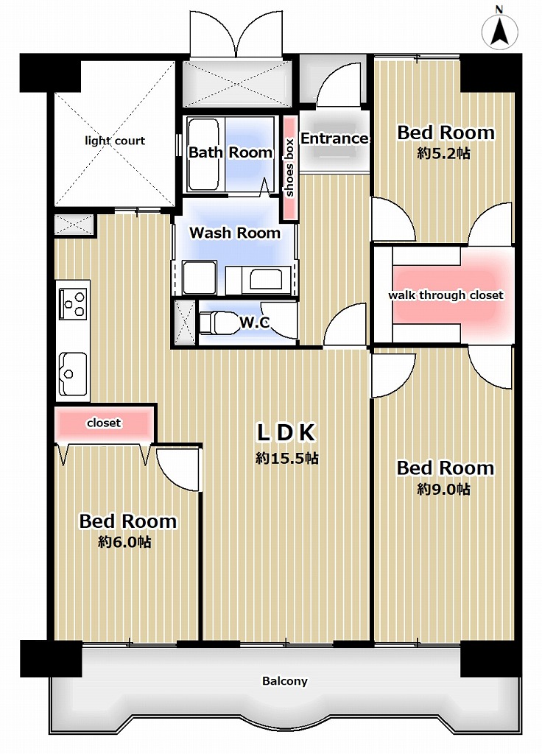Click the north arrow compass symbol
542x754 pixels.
[500, 29]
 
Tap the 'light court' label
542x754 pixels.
[115, 141]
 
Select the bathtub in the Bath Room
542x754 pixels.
[203, 155]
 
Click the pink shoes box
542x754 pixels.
[289, 168]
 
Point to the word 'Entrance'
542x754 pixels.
[334, 138]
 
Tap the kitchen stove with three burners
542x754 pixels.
[73, 303]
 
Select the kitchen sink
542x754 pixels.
[73, 373]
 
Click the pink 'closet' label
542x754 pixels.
[104, 423]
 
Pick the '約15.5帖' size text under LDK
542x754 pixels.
[287, 458]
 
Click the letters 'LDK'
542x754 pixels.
[286, 432]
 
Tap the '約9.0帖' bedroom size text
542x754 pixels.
[444, 489]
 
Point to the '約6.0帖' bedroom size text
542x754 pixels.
[124, 542]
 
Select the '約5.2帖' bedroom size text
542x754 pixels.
[444, 153]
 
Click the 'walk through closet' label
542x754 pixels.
[446, 295]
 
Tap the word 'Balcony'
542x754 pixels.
[285, 681]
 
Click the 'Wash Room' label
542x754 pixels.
[235, 233]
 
